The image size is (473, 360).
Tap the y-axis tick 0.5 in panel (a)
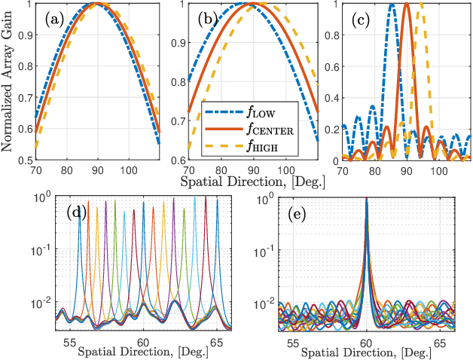[24, 161]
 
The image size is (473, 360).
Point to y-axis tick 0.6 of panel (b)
[178, 161]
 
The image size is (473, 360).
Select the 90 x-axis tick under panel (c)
[407, 171]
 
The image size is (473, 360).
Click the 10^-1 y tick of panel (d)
[43, 249]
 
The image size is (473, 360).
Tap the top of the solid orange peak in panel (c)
[407, 4]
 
